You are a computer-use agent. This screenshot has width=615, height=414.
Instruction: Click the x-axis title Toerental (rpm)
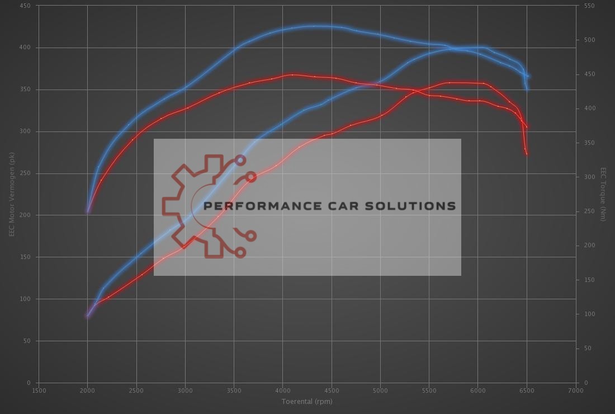point(306,401)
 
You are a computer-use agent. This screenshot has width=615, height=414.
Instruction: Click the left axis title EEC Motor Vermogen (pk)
point(11,194)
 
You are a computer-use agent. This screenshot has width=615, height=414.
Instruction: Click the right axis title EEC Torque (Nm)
point(603,194)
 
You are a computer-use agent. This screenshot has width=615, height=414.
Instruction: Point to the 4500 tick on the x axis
point(331,391)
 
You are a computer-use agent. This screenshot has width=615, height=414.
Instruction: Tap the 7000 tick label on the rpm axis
point(575,391)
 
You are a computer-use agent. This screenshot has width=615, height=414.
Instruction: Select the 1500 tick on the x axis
point(39,391)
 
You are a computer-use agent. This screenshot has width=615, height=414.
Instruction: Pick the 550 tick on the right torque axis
point(589,6)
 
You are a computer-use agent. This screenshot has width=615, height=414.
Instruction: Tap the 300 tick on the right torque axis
point(589,177)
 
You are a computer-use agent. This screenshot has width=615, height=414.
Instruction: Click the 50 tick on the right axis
point(587,349)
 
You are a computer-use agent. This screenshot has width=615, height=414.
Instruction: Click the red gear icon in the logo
point(193,206)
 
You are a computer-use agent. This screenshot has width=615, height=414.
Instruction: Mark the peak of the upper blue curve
point(316,26)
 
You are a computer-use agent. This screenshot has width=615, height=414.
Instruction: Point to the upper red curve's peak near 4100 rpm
point(292,74)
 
